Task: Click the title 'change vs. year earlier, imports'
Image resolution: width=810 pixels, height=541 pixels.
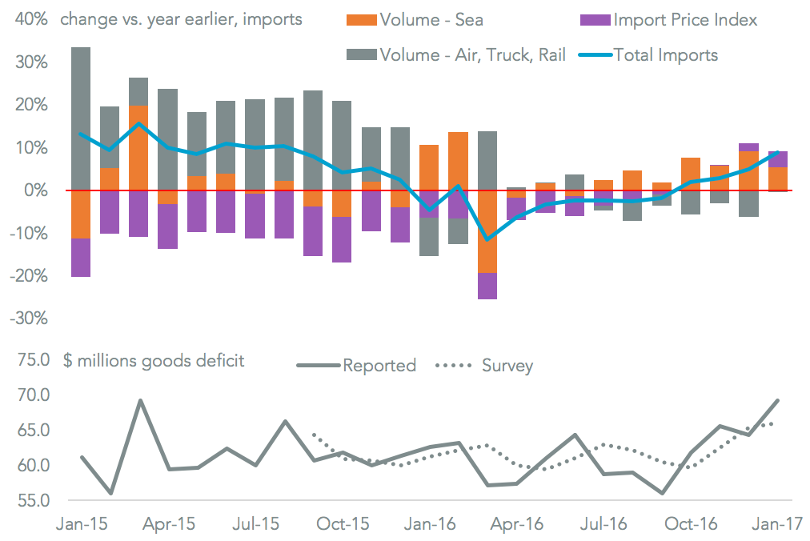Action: (181, 18)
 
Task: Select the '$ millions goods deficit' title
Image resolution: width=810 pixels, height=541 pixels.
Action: (154, 360)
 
